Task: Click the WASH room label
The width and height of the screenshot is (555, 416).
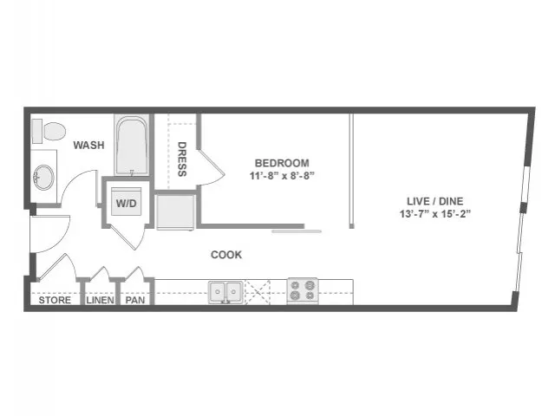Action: pyautogui.click(x=88, y=145)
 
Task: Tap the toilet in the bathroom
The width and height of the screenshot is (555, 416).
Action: pyautogui.click(x=49, y=131)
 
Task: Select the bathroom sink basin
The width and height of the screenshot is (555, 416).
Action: pyautogui.click(x=43, y=178)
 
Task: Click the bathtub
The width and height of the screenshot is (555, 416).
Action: pyautogui.click(x=132, y=146)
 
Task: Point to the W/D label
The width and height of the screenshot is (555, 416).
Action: pyautogui.click(x=127, y=204)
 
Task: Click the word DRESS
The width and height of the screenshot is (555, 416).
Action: pyautogui.click(x=182, y=159)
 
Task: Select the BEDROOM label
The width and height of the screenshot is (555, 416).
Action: pyautogui.click(x=282, y=163)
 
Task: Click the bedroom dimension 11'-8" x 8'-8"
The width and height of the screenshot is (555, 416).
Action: pyautogui.click(x=282, y=176)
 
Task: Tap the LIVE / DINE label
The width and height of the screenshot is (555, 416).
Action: pyautogui.click(x=435, y=201)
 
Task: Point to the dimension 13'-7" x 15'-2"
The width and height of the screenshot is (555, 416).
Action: pyautogui.click(x=435, y=214)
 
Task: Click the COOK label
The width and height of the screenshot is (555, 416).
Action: pyautogui.click(x=226, y=255)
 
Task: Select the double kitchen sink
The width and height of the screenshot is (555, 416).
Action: pyautogui.click(x=225, y=292)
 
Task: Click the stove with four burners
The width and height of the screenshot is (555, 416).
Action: pyautogui.click(x=303, y=291)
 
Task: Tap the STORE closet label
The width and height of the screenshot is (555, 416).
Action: pyautogui.click(x=55, y=301)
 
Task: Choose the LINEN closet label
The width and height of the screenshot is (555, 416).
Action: pyautogui.click(x=101, y=301)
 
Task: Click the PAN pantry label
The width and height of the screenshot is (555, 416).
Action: pyautogui.click(x=135, y=301)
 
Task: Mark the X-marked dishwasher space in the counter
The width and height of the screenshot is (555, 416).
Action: pyautogui.click(x=258, y=292)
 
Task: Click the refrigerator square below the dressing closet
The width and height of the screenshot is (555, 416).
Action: pyautogui.click(x=175, y=211)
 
